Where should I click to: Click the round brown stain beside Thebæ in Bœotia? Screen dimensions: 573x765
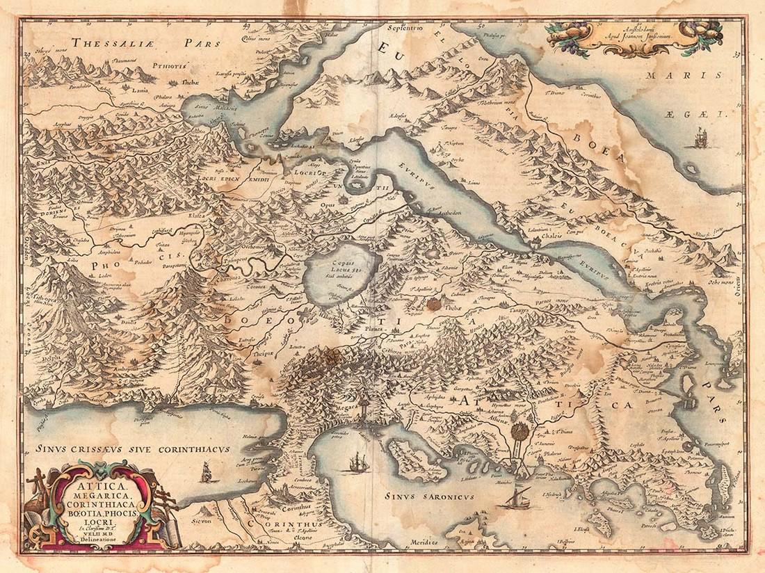click(434, 302)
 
